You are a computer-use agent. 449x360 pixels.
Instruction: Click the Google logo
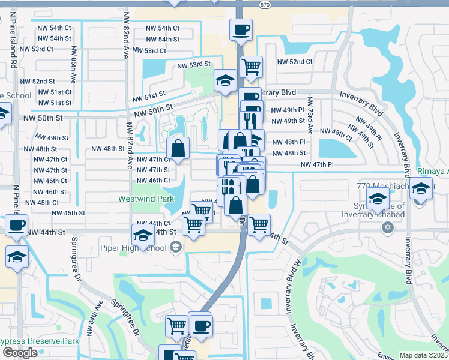[x=20, y=353]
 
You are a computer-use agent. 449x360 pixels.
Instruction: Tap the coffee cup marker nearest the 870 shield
[x=241, y=29]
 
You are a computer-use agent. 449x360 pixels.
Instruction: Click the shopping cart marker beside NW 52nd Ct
[x=251, y=66]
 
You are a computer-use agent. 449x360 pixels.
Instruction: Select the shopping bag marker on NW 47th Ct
[x=178, y=148]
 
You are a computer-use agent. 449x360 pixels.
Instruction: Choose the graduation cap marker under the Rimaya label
[x=421, y=188]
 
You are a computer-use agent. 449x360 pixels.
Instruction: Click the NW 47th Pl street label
[x=317, y=164]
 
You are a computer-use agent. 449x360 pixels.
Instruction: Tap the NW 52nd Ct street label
[x=294, y=62]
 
